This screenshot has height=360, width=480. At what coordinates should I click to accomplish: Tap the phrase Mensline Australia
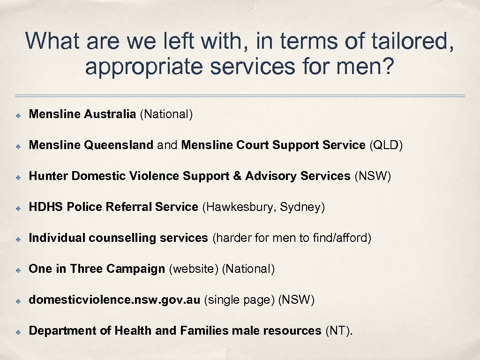(x=82, y=114)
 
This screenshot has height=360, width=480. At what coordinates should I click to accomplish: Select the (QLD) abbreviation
(x=386, y=145)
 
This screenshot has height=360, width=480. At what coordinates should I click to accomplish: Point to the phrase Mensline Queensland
(x=91, y=145)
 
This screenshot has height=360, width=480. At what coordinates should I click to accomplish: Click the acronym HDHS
(x=46, y=207)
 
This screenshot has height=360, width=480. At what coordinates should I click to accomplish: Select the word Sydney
(x=302, y=207)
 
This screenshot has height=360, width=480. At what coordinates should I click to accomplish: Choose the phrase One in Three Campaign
(x=97, y=269)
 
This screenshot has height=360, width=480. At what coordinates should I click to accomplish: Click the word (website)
(x=193, y=269)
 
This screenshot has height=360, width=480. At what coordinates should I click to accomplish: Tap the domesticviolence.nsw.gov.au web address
(x=114, y=300)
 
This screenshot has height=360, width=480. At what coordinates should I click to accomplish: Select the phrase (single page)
(x=239, y=300)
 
